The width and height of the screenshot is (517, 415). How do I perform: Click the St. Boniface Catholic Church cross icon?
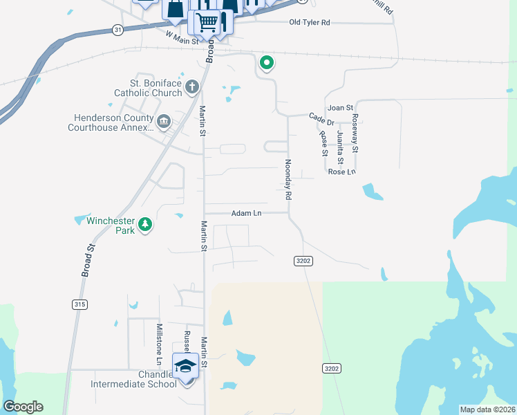[x=193, y=86]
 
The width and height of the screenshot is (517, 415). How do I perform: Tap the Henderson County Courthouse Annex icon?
[x=164, y=122]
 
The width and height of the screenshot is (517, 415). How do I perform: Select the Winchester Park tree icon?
[x=145, y=224]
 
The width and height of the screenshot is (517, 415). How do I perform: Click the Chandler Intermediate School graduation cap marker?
[x=185, y=365]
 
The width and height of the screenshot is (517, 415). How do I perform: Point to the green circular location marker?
[x=266, y=63]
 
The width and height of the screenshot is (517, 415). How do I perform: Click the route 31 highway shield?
[x=117, y=30]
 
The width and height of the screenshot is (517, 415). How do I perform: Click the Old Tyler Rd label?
[x=310, y=23]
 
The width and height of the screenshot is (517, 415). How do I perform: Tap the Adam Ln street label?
[x=247, y=213]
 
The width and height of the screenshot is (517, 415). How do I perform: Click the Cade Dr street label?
[x=321, y=118]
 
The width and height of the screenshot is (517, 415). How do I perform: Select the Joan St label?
[x=340, y=108]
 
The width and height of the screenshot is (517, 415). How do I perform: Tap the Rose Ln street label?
[x=341, y=172]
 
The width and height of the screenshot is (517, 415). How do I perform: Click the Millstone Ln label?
[x=159, y=344]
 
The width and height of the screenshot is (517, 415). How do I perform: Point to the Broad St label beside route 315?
[x=88, y=259]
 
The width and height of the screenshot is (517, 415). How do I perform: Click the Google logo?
[x=23, y=407]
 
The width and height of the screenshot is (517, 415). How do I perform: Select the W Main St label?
[x=182, y=36]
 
